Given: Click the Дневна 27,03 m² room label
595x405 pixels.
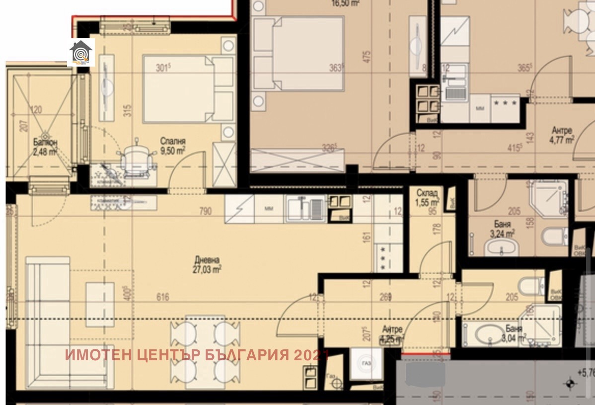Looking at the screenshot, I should (207, 265).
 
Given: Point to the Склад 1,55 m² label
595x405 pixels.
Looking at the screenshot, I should (427, 197).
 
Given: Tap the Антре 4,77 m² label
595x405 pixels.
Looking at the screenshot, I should (562, 135).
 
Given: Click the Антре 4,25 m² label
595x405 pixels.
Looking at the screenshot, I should (392, 334).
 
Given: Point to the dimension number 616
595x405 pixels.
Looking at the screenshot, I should (162, 297).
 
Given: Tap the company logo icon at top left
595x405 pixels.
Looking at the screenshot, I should (80, 53).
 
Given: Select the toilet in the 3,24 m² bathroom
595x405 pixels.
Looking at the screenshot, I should (554, 237).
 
